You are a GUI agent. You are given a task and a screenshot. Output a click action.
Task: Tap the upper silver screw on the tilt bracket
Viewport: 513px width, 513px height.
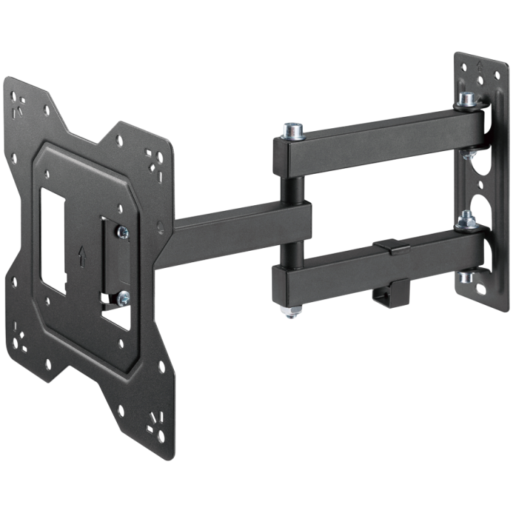(125, 231)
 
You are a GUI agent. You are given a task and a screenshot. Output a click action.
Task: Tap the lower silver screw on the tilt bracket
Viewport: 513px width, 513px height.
(124, 296)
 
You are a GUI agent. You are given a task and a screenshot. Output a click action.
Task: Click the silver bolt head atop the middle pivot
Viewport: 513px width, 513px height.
(291, 131)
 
